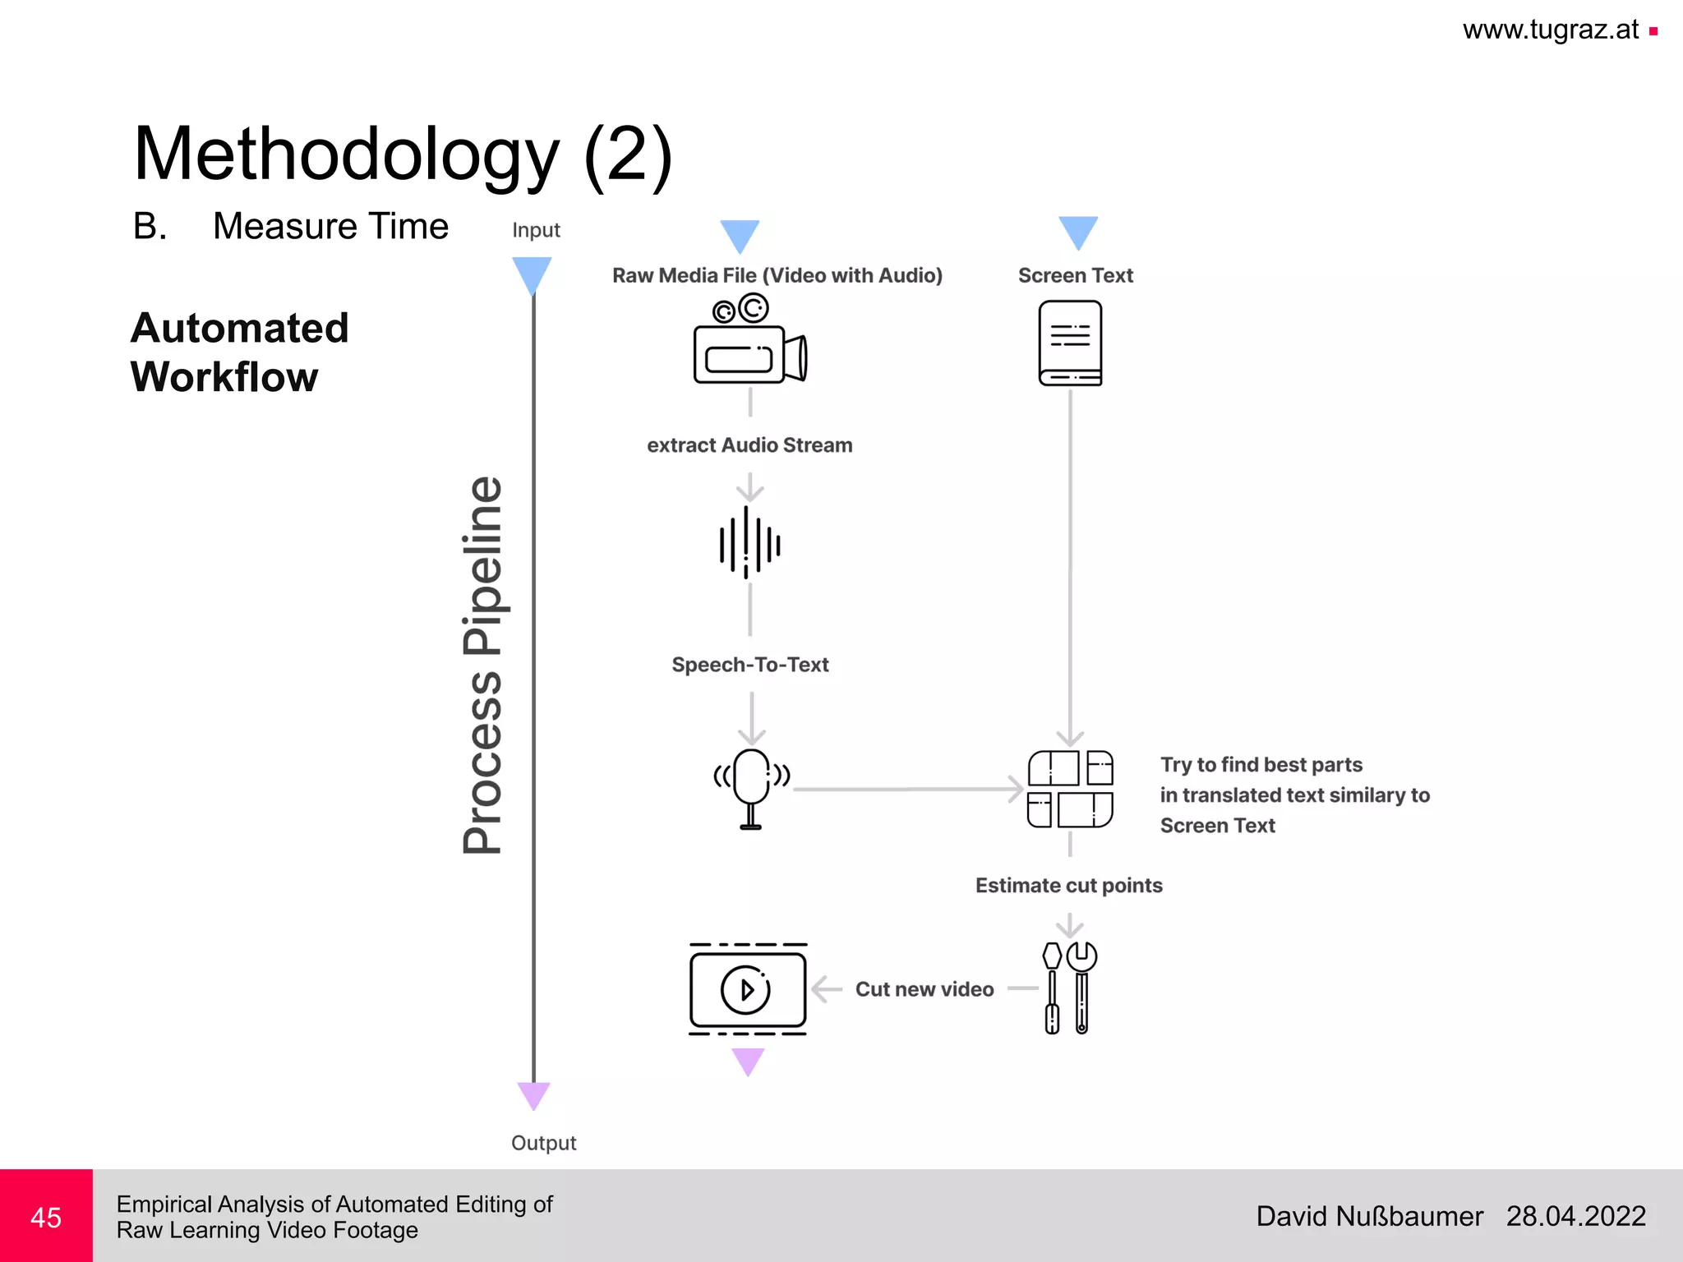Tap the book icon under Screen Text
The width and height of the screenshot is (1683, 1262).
1070,343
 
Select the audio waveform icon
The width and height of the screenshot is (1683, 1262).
749,542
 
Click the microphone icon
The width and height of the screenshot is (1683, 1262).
751,787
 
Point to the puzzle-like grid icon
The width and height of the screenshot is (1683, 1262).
1070,789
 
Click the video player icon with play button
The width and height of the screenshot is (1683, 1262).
748,988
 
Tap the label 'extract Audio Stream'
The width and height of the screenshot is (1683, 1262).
749,445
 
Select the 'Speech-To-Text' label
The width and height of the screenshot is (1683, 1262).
749,665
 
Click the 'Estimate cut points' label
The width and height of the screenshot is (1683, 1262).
1068,886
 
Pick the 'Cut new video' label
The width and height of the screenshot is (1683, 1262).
924,989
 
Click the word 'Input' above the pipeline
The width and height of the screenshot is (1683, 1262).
536,230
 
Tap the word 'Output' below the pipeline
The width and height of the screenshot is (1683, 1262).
543,1143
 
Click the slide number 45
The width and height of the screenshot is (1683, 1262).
46,1217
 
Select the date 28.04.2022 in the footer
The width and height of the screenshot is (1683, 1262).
1575,1216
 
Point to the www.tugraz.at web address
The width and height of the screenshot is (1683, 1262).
1550,30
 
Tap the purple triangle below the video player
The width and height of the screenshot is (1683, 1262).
748,1061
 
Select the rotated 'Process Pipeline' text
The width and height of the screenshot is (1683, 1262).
482,666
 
